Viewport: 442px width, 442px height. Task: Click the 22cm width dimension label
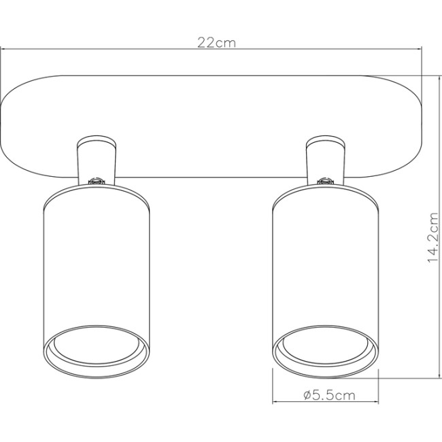(217, 42)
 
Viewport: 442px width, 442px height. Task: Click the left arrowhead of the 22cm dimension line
(3, 49)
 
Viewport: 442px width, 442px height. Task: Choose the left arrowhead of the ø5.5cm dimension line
(275, 401)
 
